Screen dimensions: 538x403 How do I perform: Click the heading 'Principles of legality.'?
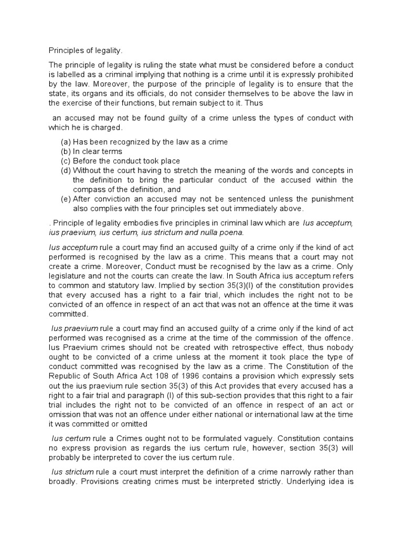(x=86, y=50)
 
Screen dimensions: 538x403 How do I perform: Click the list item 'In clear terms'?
(x=98, y=151)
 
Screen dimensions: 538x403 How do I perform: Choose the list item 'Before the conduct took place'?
(x=126, y=161)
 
